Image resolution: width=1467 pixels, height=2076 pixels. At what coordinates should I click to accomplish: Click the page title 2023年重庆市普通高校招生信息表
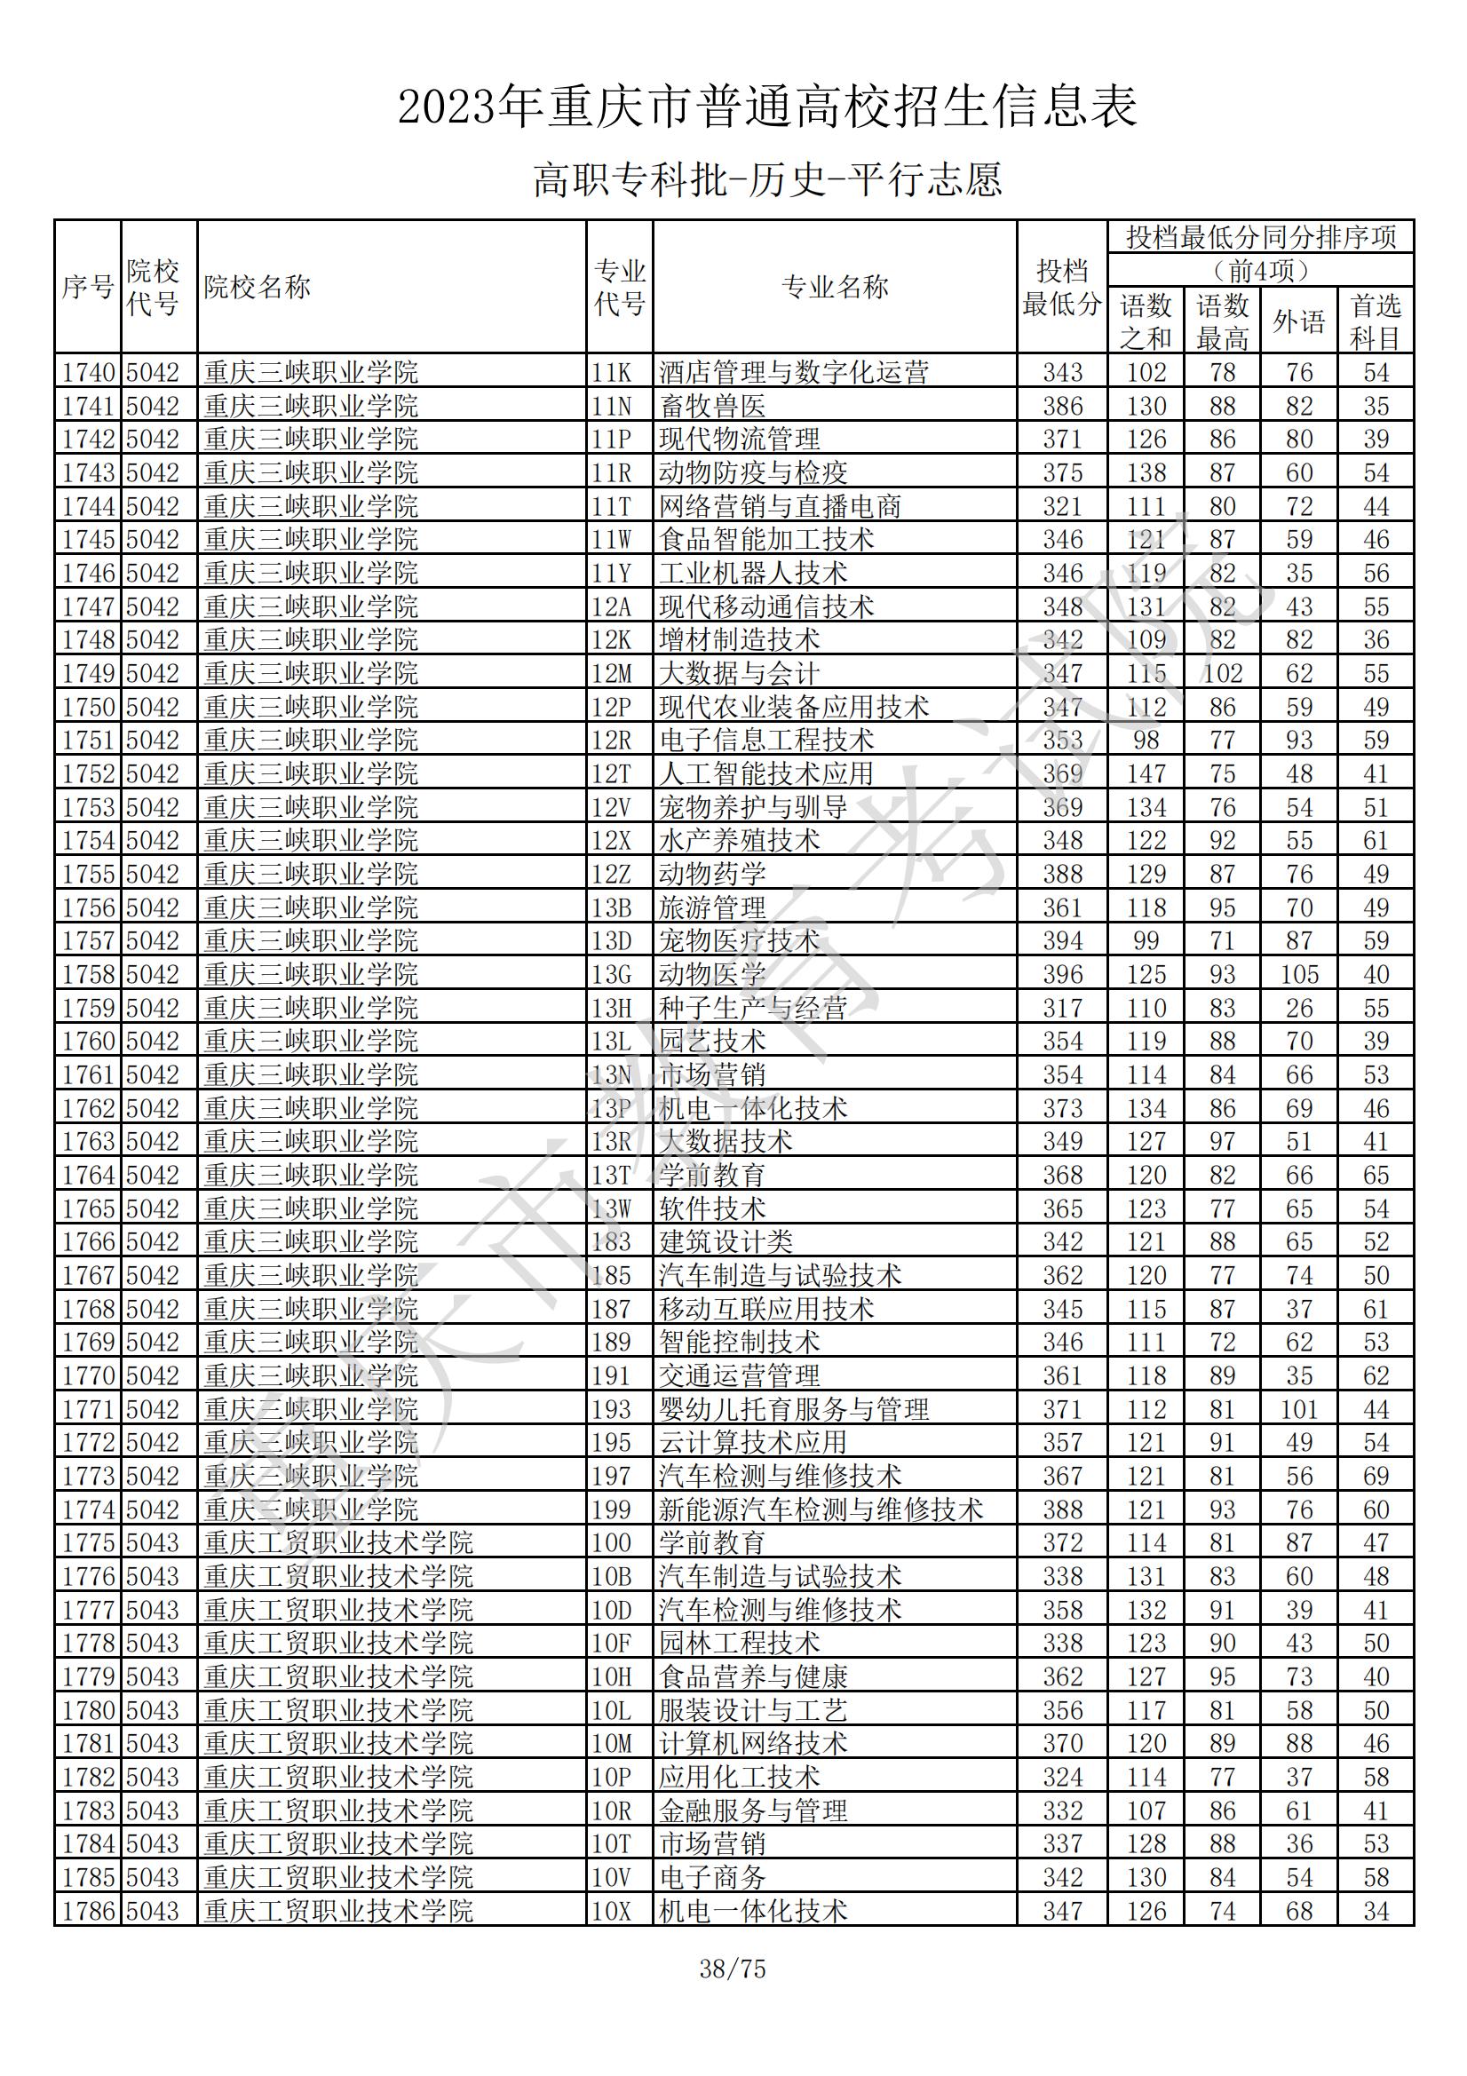[767, 107]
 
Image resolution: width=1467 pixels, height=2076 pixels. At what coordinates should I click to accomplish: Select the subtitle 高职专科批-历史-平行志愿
[767, 180]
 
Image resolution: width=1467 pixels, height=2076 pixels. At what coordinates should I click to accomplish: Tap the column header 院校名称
[257, 288]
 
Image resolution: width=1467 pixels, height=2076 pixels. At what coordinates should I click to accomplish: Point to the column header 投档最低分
[1062, 288]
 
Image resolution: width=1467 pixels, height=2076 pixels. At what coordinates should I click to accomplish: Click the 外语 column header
[1299, 321]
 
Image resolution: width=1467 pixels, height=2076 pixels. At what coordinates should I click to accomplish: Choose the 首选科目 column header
[1375, 321]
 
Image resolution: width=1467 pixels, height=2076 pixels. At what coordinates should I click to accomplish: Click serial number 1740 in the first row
[89, 373]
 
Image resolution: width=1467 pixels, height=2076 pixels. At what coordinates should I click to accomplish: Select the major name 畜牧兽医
[713, 406]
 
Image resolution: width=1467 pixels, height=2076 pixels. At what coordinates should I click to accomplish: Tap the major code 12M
[612, 674]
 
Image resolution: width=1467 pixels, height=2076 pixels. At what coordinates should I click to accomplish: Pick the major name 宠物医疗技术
[739, 941]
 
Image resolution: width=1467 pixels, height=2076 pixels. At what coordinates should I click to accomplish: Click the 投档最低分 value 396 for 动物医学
[1062, 975]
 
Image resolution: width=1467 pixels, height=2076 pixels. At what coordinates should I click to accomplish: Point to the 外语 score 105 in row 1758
[1299, 975]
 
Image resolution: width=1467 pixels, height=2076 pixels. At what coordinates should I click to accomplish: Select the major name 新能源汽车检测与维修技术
[821, 1509]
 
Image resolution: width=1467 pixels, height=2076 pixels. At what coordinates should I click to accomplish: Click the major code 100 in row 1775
[612, 1542]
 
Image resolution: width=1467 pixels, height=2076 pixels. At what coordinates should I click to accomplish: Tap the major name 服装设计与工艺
[752, 1710]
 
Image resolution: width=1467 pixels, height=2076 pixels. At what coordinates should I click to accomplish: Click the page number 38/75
[732, 1969]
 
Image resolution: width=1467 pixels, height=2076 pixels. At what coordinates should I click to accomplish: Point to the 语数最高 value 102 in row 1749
[1222, 674]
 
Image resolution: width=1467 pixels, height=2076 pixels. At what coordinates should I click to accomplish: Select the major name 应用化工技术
[739, 1777]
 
